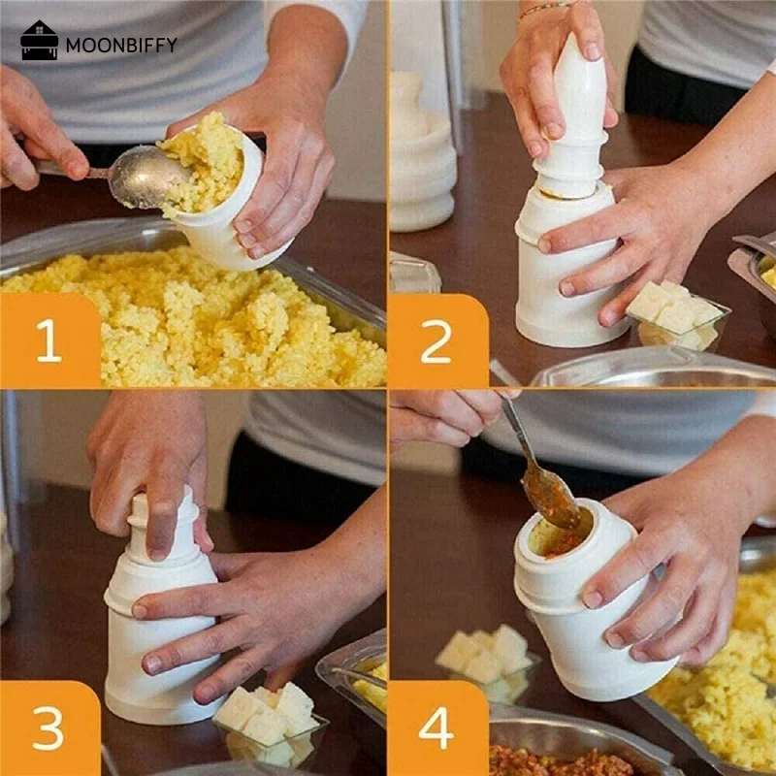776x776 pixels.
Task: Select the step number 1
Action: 49,342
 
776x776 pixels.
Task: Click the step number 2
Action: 437,342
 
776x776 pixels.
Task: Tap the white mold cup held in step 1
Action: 228,223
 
